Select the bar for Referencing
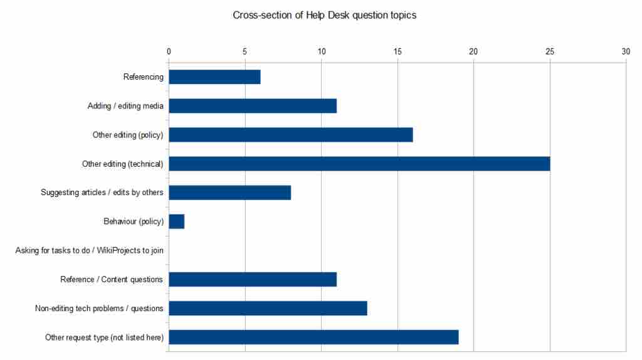coord(214,77)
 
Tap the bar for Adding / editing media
coord(253,106)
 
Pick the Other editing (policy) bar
coord(291,135)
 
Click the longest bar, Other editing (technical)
coord(359,164)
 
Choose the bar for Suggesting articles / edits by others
coord(229,193)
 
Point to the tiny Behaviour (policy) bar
coord(176,221)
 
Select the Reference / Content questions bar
coord(253,279)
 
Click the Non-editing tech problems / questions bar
coord(268,308)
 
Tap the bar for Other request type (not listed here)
coord(313,337)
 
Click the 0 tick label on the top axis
coord(169,52)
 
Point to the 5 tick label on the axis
coord(245,52)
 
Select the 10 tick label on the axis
coord(321,52)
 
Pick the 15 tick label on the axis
coord(397,52)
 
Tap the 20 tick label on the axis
coord(473,52)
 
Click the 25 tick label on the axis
coord(550,52)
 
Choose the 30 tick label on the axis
coord(626,52)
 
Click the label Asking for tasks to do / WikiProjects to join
coord(90,251)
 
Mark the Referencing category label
coord(144,77)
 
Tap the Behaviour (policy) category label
coord(134,222)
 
